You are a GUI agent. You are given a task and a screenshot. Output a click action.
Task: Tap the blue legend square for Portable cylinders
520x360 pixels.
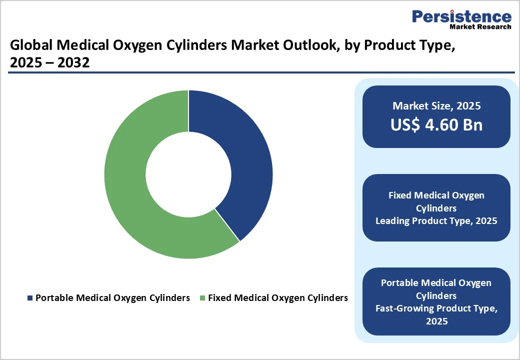tap(29, 298)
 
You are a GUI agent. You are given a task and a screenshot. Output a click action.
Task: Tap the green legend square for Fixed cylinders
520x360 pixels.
tap(202, 298)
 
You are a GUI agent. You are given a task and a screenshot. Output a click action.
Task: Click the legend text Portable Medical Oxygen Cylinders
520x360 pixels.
tap(112, 298)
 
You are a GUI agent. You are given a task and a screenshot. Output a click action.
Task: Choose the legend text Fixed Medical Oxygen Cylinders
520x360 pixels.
tap(277, 298)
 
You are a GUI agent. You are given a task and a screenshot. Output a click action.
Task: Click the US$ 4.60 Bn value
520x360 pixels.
tap(436, 124)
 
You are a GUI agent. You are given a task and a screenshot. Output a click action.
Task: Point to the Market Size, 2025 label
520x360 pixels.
tap(436, 105)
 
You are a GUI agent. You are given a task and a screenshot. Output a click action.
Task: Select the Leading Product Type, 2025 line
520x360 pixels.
tap(436, 220)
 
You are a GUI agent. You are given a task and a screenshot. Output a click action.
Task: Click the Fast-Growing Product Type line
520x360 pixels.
tap(436, 308)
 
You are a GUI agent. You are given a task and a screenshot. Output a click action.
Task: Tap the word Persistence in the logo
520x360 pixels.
tap(461, 16)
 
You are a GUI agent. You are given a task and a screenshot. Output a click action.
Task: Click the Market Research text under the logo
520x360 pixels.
tap(480, 26)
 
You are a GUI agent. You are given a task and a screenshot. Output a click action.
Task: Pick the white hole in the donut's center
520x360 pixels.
tap(188, 174)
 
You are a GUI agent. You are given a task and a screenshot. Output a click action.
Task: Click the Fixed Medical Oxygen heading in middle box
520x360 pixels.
tap(436, 195)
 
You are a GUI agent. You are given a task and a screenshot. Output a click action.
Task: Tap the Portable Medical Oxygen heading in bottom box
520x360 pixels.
tap(436, 283)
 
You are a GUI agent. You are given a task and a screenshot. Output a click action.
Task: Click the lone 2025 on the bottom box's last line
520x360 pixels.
tap(436, 321)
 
